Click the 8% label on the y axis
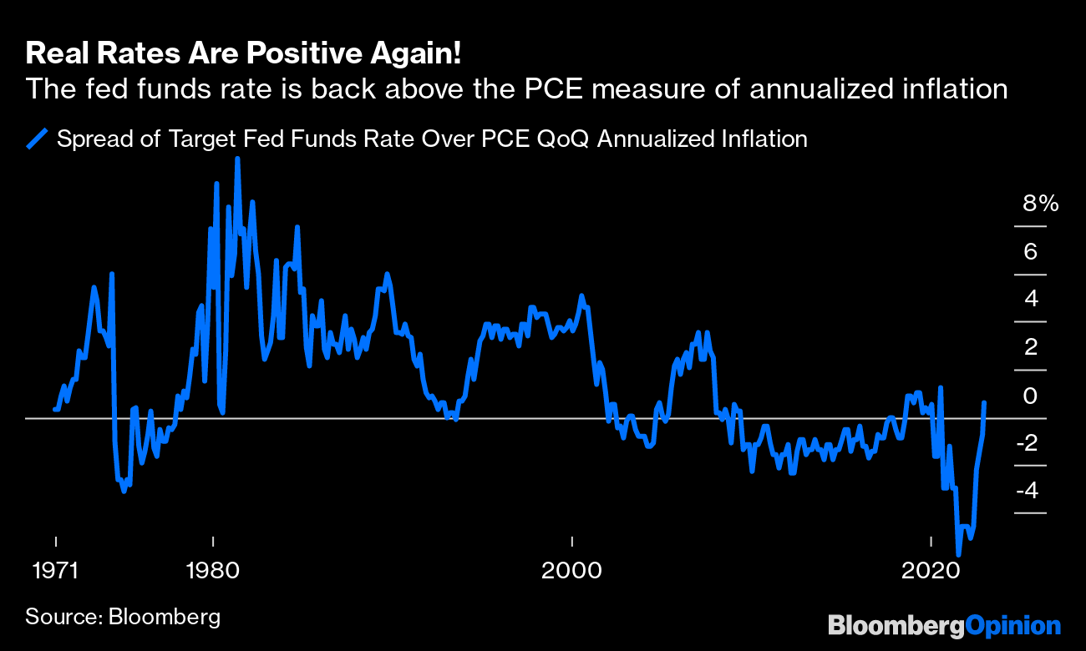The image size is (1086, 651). tap(1040, 204)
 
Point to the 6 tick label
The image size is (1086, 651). tap(1030, 251)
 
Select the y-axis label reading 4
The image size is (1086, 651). tap(1030, 299)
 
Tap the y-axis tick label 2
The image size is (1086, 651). tap(1030, 346)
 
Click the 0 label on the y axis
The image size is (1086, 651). tap(1030, 395)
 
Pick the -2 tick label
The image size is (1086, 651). tap(1027, 442)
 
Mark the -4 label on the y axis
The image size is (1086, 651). tap(1027, 490)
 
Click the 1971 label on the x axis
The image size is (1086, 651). tap(55, 572)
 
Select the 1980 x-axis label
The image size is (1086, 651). tap(213, 572)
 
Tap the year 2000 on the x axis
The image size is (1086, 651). tap(572, 572)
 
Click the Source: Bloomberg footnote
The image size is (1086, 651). tap(123, 618)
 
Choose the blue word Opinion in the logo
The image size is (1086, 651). tap(1012, 626)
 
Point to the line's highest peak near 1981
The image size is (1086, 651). tap(237, 159)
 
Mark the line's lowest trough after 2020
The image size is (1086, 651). tap(958, 554)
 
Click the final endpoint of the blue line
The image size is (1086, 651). tap(985, 402)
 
